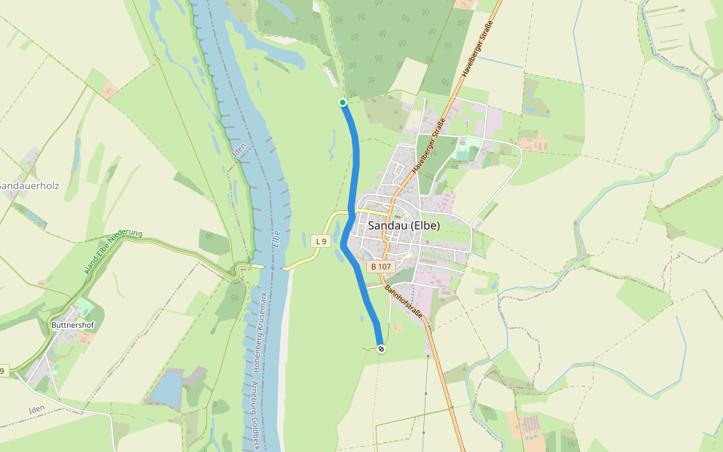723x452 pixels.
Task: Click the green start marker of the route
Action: tap(343, 102)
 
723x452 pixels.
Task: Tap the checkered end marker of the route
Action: tap(381, 348)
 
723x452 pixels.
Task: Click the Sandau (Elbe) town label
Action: tap(404, 225)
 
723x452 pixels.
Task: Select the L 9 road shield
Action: tap(321, 241)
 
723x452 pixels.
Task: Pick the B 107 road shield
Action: tap(380, 267)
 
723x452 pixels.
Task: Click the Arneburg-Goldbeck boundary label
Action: tap(255, 414)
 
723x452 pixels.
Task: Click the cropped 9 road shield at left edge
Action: tap(4, 371)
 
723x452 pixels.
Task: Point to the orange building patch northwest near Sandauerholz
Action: tap(110, 90)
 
